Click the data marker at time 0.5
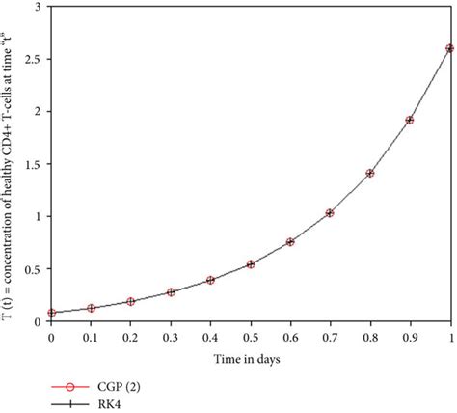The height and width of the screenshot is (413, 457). [x=251, y=263]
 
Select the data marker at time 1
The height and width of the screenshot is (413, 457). [x=450, y=48]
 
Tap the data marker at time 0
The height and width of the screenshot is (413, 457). [x=51, y=313]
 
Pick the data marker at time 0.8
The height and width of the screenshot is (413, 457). [x=370, y=173]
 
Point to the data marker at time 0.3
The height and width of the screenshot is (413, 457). [x=171, y=291]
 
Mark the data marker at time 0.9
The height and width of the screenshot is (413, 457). [x=410, y=120]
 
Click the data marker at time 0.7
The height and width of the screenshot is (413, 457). [x=330, y=212]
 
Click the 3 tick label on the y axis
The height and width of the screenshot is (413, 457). [x=40, y=8]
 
